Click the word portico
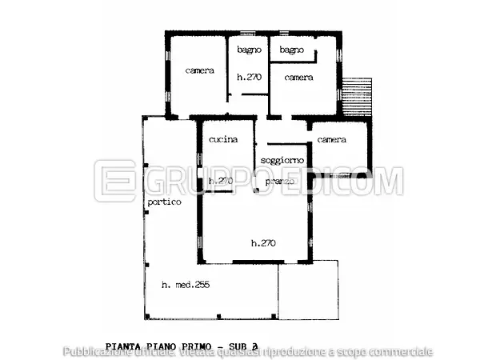tap(164, 202)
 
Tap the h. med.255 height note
tap(185, 285)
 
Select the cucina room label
tap(223, 140)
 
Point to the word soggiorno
tap(282, 161)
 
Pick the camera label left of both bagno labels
tap(199, 70)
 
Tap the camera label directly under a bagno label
tap(298, 78)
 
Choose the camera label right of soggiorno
tap(331, 140)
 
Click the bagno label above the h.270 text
tap(250, 50)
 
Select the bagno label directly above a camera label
tap(291, 50)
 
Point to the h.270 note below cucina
tap(220, 182)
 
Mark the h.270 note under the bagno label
tap(250, 78)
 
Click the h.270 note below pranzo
tap(263, 243)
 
